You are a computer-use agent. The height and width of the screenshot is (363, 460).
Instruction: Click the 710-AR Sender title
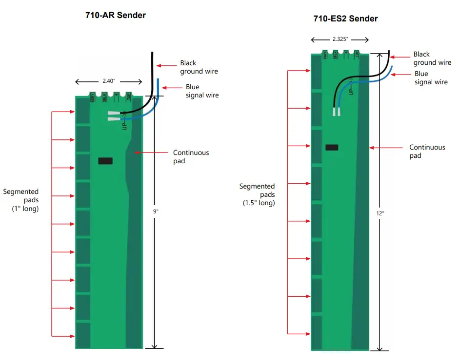tap(116, 15)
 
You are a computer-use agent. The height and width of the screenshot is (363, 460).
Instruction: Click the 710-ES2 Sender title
tap(345, 19)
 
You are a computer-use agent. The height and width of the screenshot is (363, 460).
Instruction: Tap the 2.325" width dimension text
tap(340, 39)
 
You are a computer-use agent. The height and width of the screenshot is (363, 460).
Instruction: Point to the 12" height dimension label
tap(380, 213)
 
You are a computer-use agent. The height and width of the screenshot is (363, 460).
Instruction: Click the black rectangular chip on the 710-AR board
tap(105, 161)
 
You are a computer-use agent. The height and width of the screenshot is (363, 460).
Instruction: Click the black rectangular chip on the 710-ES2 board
tap(332, 148)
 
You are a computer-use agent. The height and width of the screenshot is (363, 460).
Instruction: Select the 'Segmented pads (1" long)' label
tap(20, 200)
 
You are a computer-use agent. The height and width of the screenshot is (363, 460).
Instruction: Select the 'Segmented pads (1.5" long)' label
tap(257, 194)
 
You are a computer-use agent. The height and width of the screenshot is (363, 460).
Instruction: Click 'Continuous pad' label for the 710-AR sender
tap(191, 156)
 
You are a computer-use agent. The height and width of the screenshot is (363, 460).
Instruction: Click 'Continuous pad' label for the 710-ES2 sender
tap(427, 151)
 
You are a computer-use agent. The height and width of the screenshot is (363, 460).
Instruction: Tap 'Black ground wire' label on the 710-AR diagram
tap(199, 67)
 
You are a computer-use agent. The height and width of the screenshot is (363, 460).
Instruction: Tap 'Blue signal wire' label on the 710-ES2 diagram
tap(431, 78)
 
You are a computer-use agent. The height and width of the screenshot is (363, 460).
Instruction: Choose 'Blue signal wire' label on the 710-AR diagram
tap(202, 91)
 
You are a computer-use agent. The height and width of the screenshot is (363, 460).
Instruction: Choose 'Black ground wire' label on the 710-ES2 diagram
tap(432, 58)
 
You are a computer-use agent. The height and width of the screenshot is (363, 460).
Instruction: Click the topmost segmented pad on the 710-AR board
tap(83, 112)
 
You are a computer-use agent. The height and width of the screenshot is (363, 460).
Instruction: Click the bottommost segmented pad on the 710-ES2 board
tap(317, 333)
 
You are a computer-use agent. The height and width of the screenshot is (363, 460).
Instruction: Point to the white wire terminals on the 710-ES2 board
tap(336, 112)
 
